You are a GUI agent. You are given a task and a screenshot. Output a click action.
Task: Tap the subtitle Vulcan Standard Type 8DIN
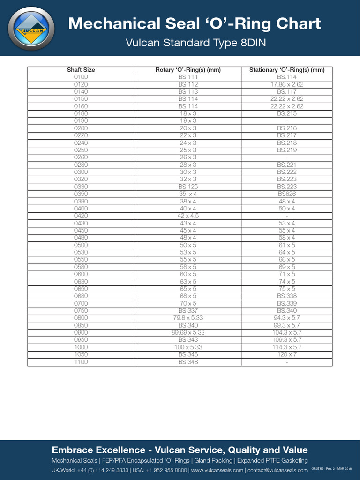pos(195,43)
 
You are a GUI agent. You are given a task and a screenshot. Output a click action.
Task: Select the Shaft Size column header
pos(81,70)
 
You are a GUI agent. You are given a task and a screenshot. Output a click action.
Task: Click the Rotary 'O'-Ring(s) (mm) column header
pos(188,70)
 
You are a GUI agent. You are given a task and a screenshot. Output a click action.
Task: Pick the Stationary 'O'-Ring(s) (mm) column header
pos(286,70)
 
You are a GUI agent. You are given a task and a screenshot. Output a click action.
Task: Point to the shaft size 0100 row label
pos(81,77)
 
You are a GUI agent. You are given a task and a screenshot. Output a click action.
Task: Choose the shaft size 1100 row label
pos(81,362)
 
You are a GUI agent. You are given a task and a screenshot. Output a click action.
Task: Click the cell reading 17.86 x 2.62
pos(286,84)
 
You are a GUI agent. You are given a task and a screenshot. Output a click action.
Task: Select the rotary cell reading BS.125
pos(188,187)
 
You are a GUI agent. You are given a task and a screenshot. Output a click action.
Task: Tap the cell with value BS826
pos(286,194)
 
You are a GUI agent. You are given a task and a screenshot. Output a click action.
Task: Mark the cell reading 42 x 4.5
pos(188,216)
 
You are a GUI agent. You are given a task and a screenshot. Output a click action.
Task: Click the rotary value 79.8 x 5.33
pos(188,318)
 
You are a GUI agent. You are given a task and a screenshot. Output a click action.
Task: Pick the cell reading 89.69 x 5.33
pos(188,332)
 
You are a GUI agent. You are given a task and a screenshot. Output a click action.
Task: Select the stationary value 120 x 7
pos(286,354)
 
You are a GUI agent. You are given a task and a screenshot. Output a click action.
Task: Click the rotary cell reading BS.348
pos(188,362)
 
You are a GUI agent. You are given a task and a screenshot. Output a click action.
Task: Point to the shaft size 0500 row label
pos(81,245)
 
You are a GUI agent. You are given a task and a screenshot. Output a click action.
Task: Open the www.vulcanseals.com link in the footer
pos(217,470)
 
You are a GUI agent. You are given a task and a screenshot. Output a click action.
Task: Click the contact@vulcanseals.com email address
pos(277,470)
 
